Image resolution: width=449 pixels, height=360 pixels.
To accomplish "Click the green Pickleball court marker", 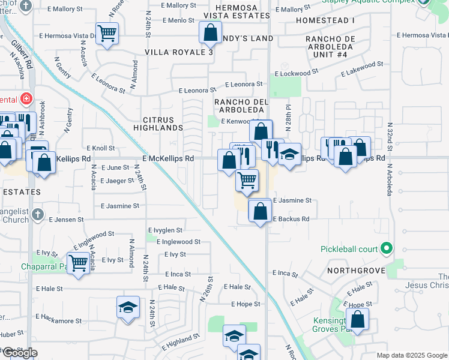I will [388, 248].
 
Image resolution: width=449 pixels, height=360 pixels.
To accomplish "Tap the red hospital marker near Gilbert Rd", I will [26, 98].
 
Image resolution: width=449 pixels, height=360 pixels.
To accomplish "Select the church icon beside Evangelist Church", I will [37, 214].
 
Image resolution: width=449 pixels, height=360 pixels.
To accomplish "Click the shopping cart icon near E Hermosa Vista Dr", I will [107, 34].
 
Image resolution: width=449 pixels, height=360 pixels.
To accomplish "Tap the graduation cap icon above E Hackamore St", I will [128, 308].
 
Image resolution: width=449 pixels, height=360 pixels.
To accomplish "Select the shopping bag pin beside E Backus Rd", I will [260, 211].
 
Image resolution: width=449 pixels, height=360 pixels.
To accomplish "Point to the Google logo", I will [20, 353].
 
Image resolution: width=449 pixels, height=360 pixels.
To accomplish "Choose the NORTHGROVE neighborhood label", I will [356, 271].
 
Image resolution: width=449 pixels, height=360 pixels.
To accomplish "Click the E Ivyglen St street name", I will [165, 230].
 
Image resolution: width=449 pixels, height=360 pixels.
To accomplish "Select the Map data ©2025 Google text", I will [411, 355].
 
